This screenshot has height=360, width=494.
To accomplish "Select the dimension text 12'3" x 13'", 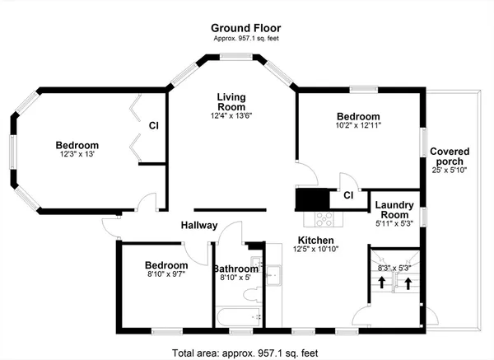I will click(x=77, y=154).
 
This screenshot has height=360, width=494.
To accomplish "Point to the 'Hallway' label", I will click(x=198, y=225).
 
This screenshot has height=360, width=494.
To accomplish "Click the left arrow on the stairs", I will click(x=382, y=283).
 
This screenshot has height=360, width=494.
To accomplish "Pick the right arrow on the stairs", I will click(x=408, y=283).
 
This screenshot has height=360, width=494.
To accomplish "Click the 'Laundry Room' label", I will click(x=393, y=209).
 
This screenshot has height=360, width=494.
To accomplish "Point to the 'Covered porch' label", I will click(x=450, y=156).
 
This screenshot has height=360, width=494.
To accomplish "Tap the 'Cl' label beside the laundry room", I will click(x=348, y=195).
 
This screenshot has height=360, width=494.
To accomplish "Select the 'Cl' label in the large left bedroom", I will click(x=154, y=125).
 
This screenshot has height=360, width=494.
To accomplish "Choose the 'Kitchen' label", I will click(x=315, y=240).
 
